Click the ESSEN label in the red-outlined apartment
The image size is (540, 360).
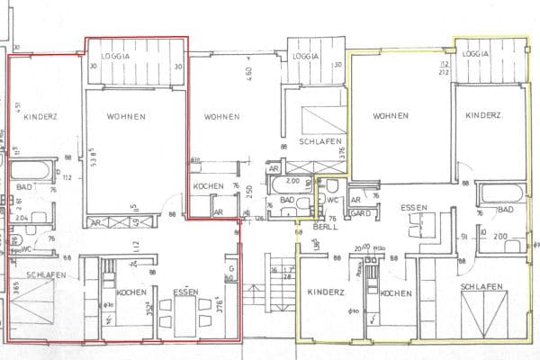coord(185,292)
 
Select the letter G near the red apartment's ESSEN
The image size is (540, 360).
coord(230,268)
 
